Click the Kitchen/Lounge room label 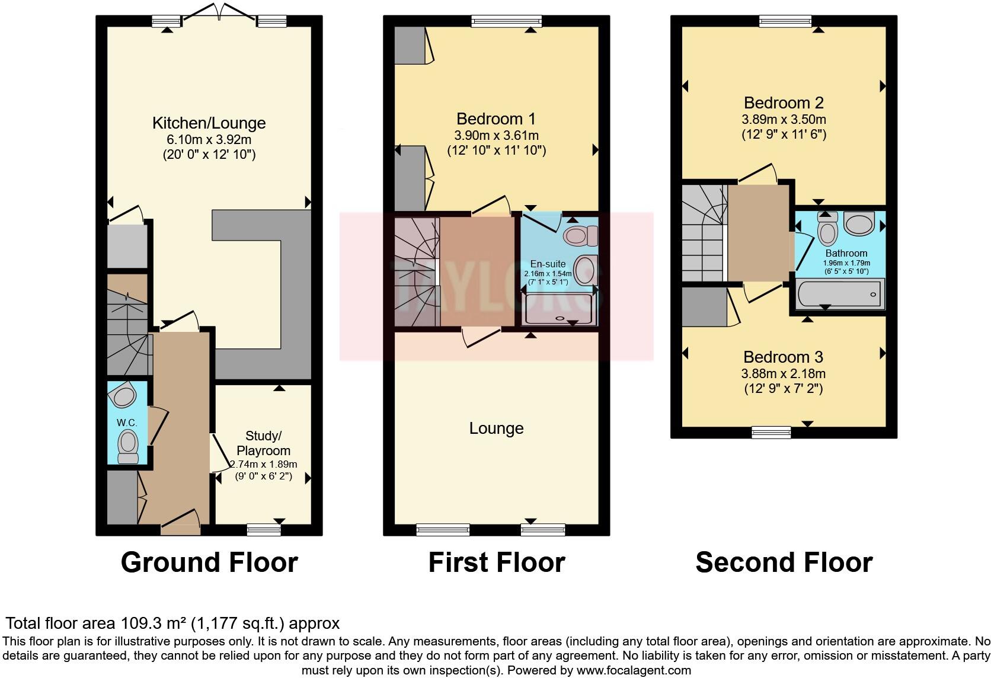(209, 123)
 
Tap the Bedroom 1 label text (496, 119)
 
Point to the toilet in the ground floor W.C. (128, 444)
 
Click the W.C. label (127, 423)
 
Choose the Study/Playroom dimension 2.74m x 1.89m (263, 465)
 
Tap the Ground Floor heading (209, 562)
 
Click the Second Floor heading (784, 562)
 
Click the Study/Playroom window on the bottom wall (264, 529)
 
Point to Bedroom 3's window (771, 432)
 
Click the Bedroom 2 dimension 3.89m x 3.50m (784, 119)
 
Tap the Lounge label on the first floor (496, 428)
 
